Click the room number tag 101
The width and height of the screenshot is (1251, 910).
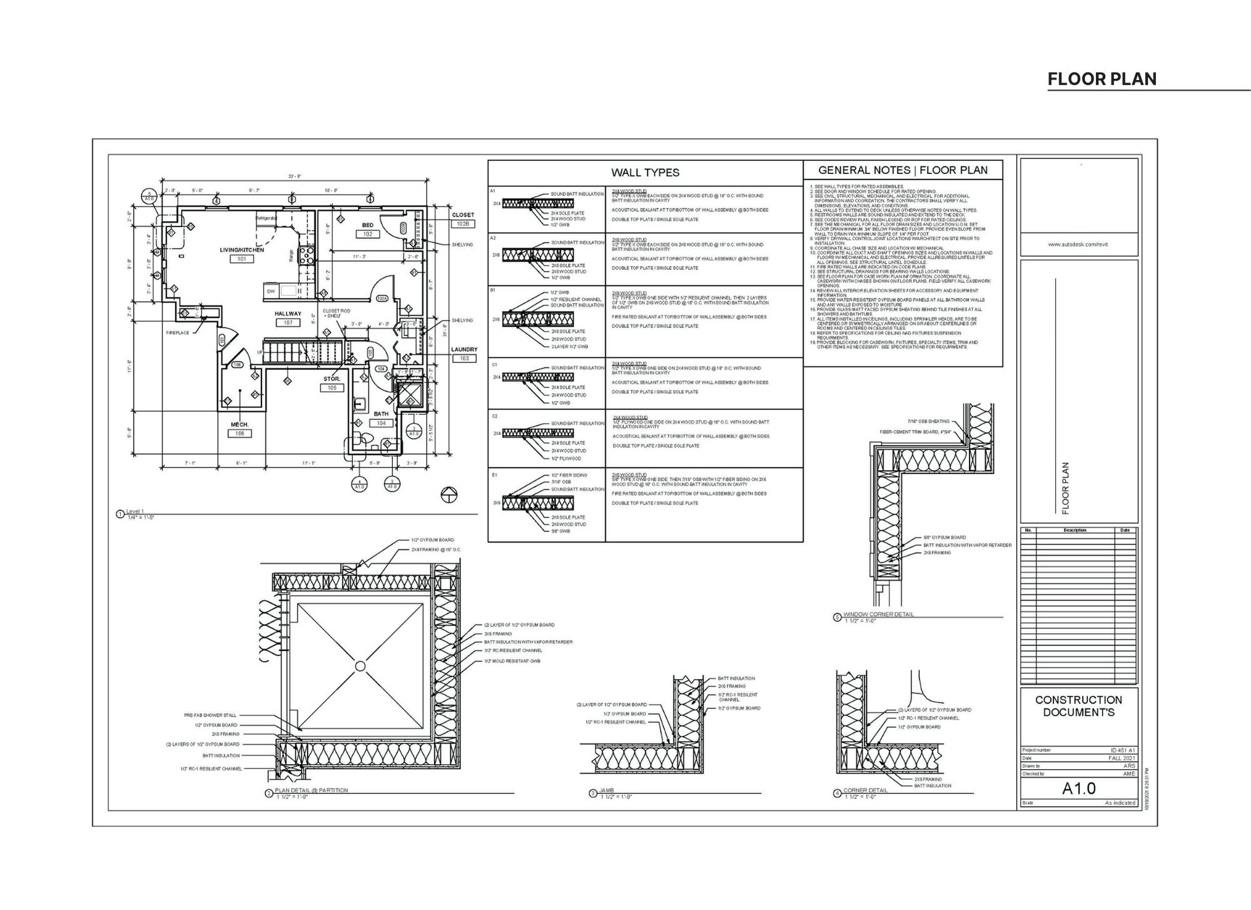[241, 258]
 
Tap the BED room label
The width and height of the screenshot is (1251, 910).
[368, 225]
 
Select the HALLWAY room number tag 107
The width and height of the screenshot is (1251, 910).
[288, 322]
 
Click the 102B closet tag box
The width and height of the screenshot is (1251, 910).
[463, 223]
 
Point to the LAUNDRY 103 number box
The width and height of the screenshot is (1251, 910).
[464, 359]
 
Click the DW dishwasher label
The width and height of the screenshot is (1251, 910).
[271, 291]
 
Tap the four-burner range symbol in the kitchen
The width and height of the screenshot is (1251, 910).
[307, 254]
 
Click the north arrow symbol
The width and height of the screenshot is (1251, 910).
[449, 494]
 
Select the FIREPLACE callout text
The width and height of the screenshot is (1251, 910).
[178, 333]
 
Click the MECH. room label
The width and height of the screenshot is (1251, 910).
[240, 424]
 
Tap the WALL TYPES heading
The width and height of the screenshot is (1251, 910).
[645, 173]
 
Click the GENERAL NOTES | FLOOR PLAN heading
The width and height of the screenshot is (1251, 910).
[903, 170]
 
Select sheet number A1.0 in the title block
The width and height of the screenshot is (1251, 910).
[1078, 789]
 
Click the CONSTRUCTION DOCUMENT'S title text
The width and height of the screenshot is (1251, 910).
[1078, 706]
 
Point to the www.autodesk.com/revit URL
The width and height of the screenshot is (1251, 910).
[1078, 244]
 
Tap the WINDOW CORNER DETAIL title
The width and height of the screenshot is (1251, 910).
[878, 615]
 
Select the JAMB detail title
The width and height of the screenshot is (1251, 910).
[607, 791]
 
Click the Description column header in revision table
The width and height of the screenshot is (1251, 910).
[1075, 530]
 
